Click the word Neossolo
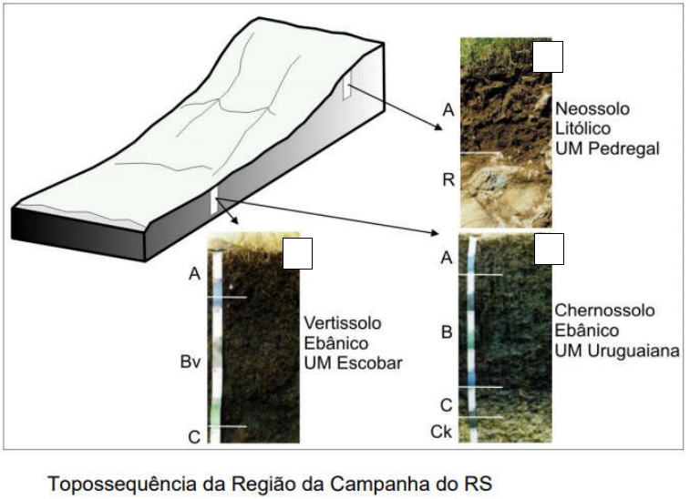592,109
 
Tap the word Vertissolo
342,323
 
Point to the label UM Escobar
354,362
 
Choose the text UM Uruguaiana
617,350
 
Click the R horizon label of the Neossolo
448,179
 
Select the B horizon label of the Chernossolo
447,332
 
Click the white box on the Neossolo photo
547,56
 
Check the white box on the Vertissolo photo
297,253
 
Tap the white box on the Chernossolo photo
548,249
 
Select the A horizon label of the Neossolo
448,110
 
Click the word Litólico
581,127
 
